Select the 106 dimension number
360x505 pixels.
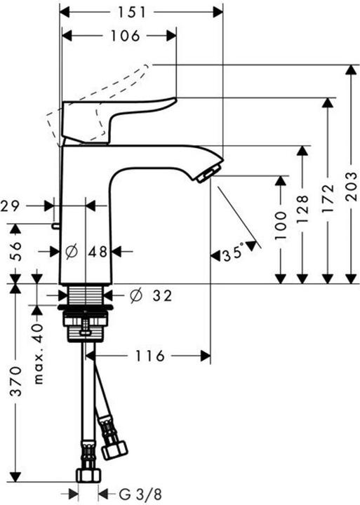tap(126, 36)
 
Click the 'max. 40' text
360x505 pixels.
tap(39, 343)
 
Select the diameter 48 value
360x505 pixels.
tap(89, 250)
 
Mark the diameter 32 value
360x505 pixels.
tap(151, 296)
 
